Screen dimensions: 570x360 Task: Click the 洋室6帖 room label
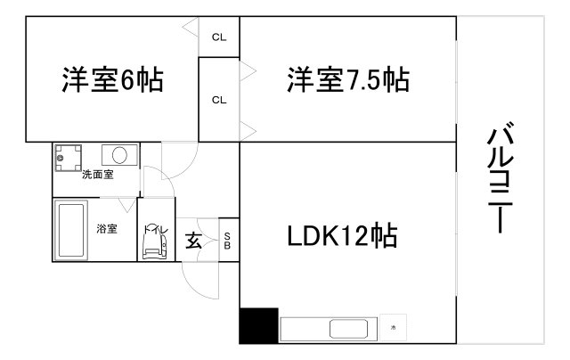[x=113, y=79]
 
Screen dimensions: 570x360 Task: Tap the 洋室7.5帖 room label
[x=348, y=79]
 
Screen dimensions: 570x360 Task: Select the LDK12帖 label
[x=342, y=235]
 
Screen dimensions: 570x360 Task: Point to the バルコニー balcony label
[x=501, y=177]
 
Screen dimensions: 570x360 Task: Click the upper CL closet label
[x=219, y=37]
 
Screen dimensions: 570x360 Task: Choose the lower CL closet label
[x=219, y=100]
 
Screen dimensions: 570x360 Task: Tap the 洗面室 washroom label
[x=98, y=175]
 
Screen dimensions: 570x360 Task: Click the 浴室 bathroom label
[x=107, y=229]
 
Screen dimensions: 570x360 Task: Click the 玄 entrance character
[x=193, y=240]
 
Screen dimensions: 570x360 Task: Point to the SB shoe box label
[x=227, y=241]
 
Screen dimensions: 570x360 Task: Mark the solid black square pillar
[x=259, y=325]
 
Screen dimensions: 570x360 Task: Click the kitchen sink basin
[x=348, y=329]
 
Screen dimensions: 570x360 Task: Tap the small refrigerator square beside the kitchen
[x=393, y=327]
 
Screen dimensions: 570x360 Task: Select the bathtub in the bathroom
[x=71, y=230]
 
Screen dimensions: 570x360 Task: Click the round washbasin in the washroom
[x=119, y=155]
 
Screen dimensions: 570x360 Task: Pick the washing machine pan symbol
[x=68, y=158]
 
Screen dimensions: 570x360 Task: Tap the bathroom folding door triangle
[x=127, y=204]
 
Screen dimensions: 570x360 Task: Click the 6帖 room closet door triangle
[x=191, y=28]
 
